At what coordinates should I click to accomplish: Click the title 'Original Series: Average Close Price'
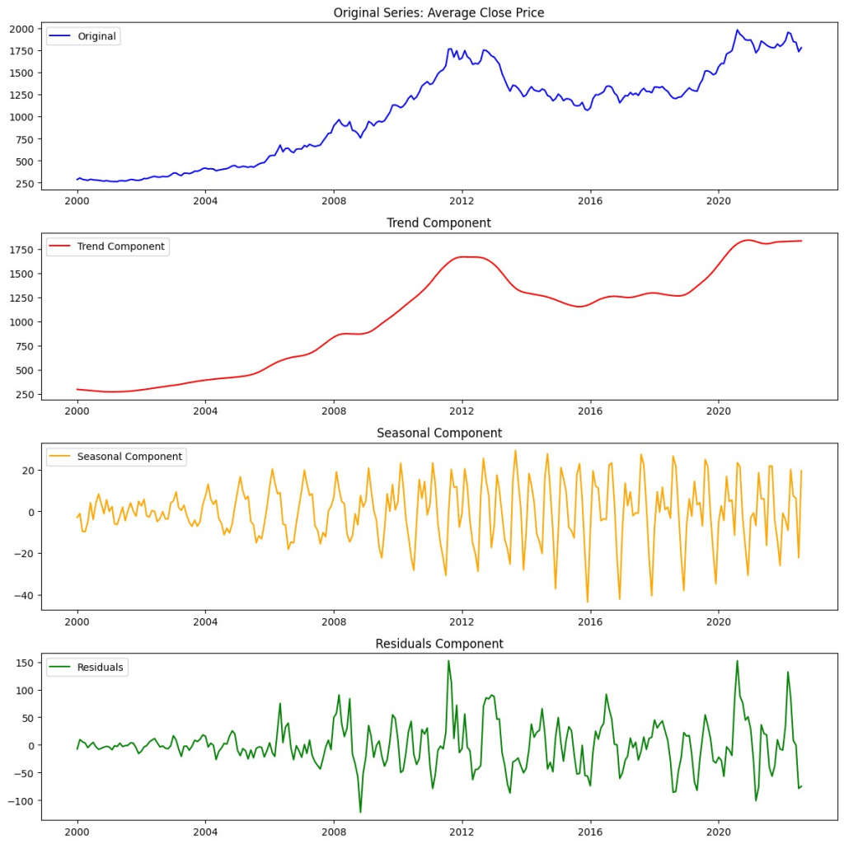tap(438, 12)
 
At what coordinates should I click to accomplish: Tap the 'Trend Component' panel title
tap(438, 223)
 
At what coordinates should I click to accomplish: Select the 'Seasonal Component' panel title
tap(438, 434)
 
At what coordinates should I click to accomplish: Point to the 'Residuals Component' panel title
tap(438, 644)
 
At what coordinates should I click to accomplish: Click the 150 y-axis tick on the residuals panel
tap(25, 662)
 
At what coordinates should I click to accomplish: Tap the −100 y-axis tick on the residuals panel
tap(21, 801)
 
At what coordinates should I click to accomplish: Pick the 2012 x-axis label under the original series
tap(462, 200)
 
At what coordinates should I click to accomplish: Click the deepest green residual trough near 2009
tap(360, 813)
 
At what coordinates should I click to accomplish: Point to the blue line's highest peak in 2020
tap(738, 30)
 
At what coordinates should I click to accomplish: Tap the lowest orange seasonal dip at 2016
tap(588, 602)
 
